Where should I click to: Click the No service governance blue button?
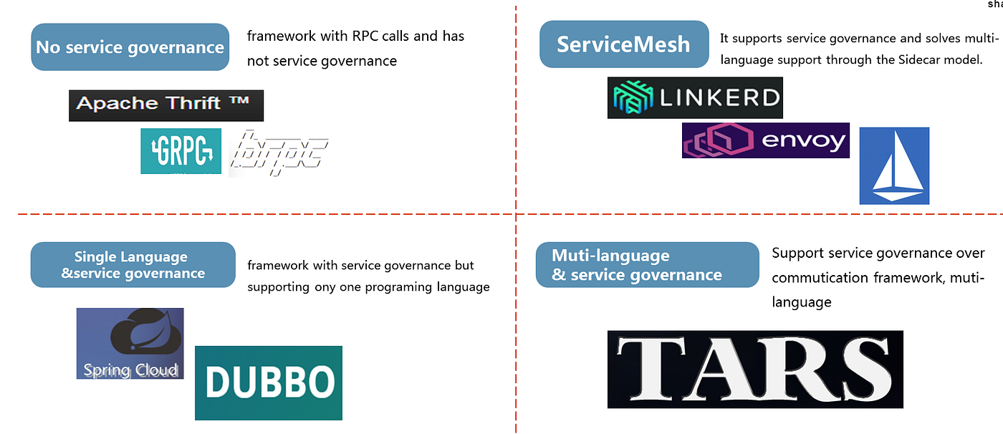click(130, 47)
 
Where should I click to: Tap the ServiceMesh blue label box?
click(623, 44)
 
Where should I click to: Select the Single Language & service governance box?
click(133, 265)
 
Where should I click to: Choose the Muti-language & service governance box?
click(647, 265)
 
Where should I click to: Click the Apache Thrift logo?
click(166, 105)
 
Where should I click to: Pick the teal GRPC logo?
click(181, 151)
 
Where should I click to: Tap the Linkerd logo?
click(695, 97)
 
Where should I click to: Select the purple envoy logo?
click(765, 140)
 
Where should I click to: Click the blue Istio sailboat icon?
click(894, 166)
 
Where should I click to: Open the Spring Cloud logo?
click(130, 344)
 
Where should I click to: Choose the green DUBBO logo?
click(269, 383)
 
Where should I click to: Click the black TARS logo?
click(755, 370)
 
